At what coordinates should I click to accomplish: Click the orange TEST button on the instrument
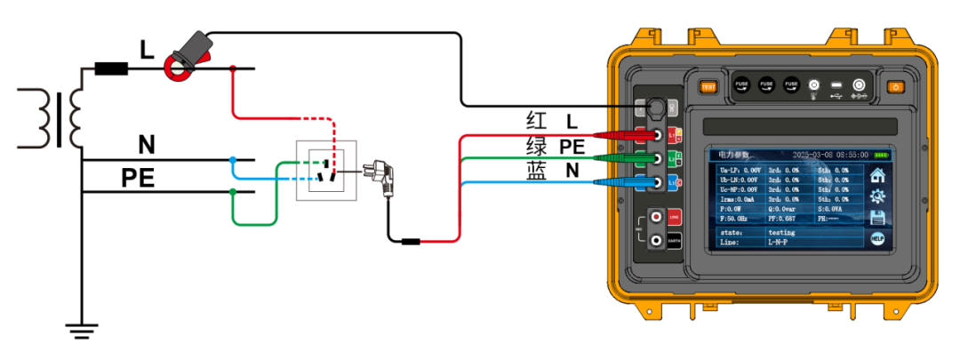708,86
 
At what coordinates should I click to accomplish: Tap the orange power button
895,86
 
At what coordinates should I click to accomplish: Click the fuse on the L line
110,68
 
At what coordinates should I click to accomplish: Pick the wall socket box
326,171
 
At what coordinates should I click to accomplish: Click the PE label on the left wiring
139,179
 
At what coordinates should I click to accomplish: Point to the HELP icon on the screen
877,238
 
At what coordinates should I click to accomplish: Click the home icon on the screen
877,175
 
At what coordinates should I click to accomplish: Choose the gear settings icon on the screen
877,196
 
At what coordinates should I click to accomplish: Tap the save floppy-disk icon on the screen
877,218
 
